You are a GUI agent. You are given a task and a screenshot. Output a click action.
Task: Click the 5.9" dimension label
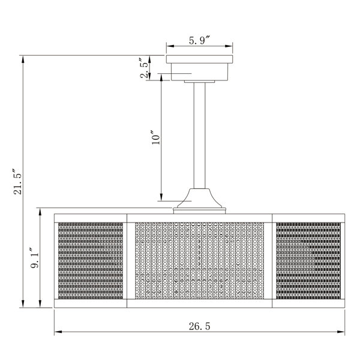click(200, 40)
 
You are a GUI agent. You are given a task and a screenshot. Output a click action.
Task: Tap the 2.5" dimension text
click(145, 68)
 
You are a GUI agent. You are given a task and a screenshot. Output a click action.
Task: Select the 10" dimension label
click(155, 137)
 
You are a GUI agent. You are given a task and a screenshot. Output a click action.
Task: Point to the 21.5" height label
click(17, 182)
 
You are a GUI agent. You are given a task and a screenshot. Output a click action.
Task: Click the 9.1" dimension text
click(35, 258)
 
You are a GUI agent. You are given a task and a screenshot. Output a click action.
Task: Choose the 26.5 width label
click(200, 326)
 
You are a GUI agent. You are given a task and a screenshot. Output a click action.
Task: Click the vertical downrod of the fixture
click(200, 136)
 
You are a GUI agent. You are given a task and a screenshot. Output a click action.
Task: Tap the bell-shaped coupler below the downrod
click(200, 199)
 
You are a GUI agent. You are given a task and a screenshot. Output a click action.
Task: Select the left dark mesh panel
click(91, 260)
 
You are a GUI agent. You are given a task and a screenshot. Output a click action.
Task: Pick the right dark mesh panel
click(308, 260)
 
